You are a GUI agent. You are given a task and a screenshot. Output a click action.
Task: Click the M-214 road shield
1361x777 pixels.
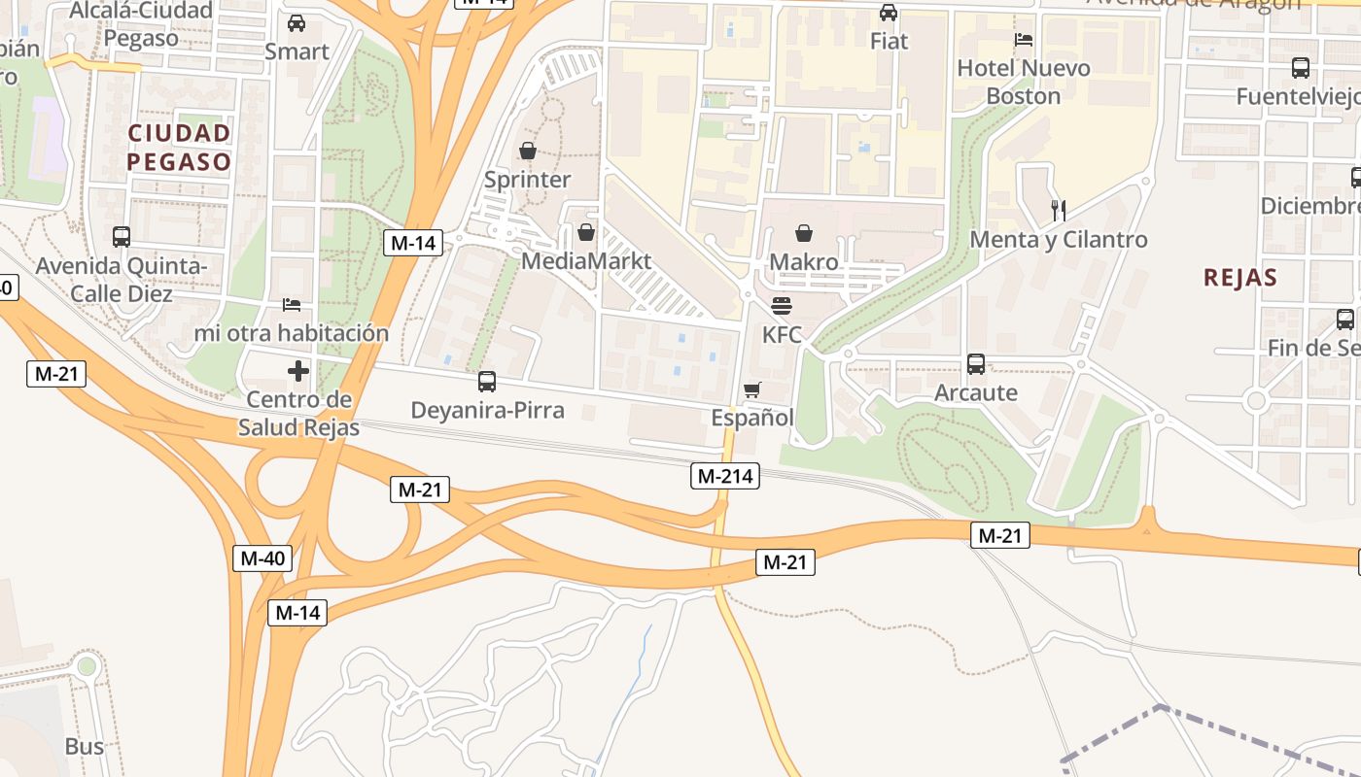pos(724,476)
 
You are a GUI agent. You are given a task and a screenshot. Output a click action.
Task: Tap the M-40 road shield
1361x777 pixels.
pos(262,558)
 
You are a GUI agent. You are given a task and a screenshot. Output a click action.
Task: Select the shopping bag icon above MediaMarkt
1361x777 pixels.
pos(586,232)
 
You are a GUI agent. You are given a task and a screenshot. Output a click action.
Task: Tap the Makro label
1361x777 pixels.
pos(803,262)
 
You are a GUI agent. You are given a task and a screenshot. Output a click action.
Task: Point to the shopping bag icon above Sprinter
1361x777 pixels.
pos(528,151)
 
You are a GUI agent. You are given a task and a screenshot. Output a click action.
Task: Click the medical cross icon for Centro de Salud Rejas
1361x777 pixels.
pos(298,371)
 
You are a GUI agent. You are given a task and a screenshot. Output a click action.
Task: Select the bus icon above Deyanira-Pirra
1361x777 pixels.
pos(487,382)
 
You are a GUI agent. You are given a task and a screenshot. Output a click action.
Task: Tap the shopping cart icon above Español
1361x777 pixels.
pos(751,390)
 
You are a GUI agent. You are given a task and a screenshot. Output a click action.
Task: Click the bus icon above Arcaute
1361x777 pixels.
pos(976,364)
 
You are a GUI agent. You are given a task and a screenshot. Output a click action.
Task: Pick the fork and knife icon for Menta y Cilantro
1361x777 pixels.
pos(1059,210)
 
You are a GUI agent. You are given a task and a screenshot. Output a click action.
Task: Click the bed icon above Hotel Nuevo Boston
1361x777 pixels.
pos(1024,40)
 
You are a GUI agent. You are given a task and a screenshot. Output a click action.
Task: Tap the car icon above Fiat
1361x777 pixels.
pos(889,13)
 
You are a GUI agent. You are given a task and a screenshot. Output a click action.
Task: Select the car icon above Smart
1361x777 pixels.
pos(297,23)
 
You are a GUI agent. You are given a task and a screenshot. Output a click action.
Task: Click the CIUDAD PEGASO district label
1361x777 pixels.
pos(180,147)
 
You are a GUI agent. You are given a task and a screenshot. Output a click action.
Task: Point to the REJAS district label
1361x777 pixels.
pos(1239,278)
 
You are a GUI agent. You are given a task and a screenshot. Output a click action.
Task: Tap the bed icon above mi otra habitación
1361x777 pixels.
pos(292,305)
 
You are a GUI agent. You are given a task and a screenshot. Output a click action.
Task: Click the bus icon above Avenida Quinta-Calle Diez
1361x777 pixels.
pos(122,237)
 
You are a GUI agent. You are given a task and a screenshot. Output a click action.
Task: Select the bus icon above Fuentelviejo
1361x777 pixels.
pos(1300,68)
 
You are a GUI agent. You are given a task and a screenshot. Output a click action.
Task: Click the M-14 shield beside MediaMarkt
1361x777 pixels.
pos(413,243)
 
